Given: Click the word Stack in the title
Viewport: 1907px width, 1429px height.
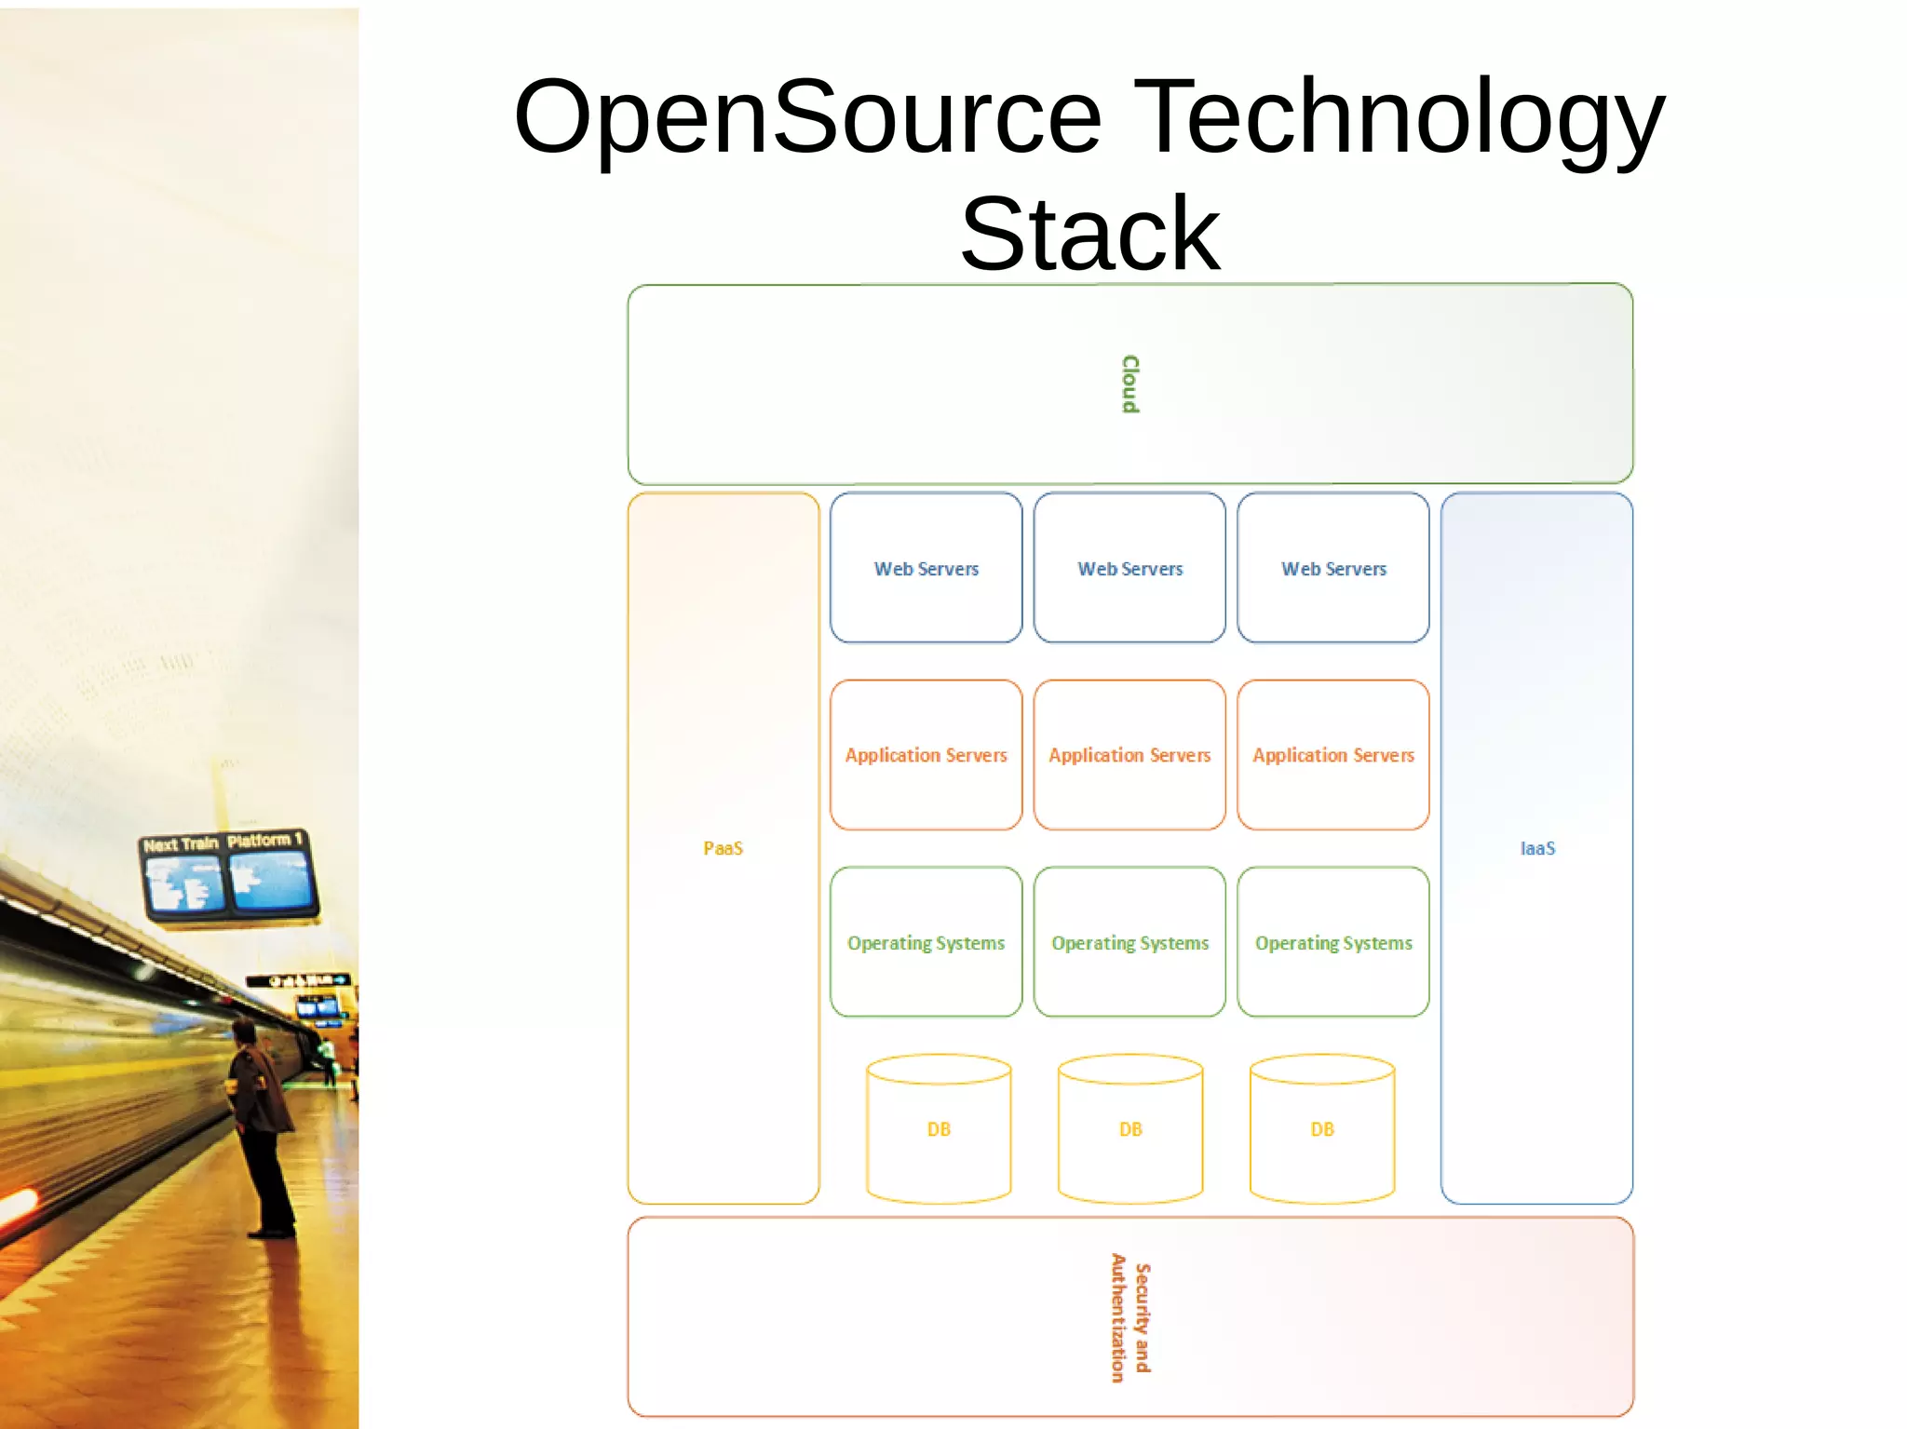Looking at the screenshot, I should pyautogui.click(x=1089, y=235).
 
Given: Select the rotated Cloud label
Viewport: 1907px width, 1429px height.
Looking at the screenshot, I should pyautogui.click(x=1130, y=384).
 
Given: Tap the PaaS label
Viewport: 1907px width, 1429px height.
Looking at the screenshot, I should pyautogui.click(x=724, y=848).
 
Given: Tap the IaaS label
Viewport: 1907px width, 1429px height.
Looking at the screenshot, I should pyautogui.click(x=1537, y=848).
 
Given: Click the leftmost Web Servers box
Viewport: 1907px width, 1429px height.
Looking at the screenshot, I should pyautogui.click(x=926, y=568).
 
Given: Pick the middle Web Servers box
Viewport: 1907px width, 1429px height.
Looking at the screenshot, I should pyautogui.click(x=1129, y=568).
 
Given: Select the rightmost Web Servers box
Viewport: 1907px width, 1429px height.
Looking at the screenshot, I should pyautogui.click(x=1333, y=568).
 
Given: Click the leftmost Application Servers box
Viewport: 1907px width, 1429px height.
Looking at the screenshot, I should pyautogui.click(x=926, y=755).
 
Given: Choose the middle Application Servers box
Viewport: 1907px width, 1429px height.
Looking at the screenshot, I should pyautogui.click(x=1129, y=755).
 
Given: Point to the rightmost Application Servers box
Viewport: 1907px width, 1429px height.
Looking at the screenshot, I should pyautogui.click(x=1333, y=755).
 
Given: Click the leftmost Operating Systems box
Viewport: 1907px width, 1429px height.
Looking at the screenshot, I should pyautogui.click(x=926, y=942).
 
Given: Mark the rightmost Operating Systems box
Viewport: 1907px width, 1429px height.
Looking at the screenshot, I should pyautogui.click(x=1333, y=942).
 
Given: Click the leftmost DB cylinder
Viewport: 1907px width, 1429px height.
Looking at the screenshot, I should pyautogui.click(x=939, y=1129).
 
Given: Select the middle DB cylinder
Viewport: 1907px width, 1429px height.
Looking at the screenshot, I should pyautogui.click(x=1130, y=1129).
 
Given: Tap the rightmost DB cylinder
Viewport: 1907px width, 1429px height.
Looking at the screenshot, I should pyautogui.click(x=1322, y=1129).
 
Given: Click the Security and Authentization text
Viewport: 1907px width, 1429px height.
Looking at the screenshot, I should pyautogui.click(x=1130, y=1317).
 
